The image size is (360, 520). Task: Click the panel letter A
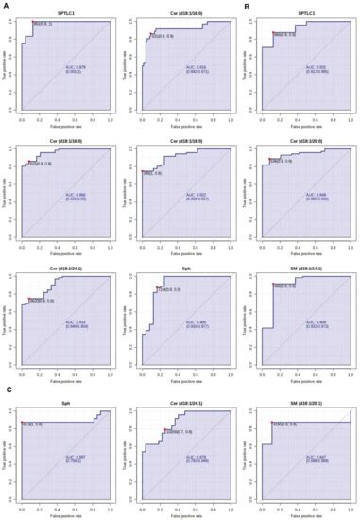click(x=5, y=5)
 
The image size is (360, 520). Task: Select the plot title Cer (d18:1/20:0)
click(x=304, y=140)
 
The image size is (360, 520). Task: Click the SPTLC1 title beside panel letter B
click(x=304, y=11)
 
